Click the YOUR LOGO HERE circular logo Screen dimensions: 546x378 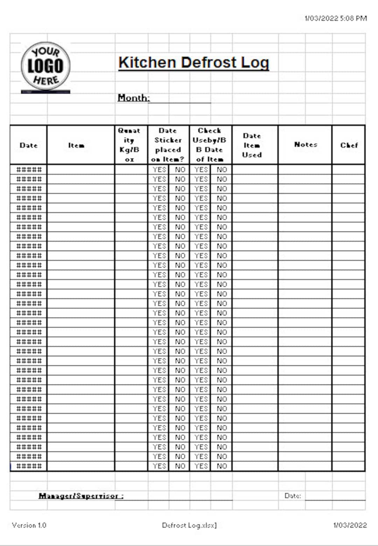pyautogui.click(x=45, y=67)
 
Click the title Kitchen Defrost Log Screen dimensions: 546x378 pyautogui.click(x=194, y=63)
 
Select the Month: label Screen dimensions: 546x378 pyautogui.click(x=133, y=98)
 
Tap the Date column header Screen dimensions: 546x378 pyautogui.click(x=28, y=145)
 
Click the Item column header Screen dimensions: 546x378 pyautogui.click(x=76, y=145)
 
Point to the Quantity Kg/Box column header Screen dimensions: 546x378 pyautogui.click(x=129, y=145)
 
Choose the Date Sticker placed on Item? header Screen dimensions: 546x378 pyautogui.click(x=168, y=145)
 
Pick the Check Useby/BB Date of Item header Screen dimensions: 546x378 pyautogui.click(x=210, y=145)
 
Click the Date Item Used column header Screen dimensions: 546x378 pyautogui.click(x=252, y=145)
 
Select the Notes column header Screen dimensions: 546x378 pyautogui.click(x=306, y=144)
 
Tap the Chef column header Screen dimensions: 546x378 pyautogui.click(x=349, y=145)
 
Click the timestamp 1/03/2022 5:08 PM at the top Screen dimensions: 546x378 pyautogui.click(x=336, y=18)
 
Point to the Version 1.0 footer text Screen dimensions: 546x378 pyautogui.click(x=29, y=525)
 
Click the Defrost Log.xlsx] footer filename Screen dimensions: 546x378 pyautogui.click(x=189, y=525)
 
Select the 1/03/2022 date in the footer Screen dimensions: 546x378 pyautogui.click(x=350, y=525)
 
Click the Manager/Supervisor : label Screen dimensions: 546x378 pyautogui.click(x=81, y=496)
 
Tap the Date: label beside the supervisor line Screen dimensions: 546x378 pyautogui.click(x=293, y=496)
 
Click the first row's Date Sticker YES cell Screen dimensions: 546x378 pyautogui.click(x=159, y=170)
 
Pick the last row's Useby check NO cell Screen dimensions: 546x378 pyautogui.click(x=222, y=466)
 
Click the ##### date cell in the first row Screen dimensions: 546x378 pyautogui.click(x=29, y=170)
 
